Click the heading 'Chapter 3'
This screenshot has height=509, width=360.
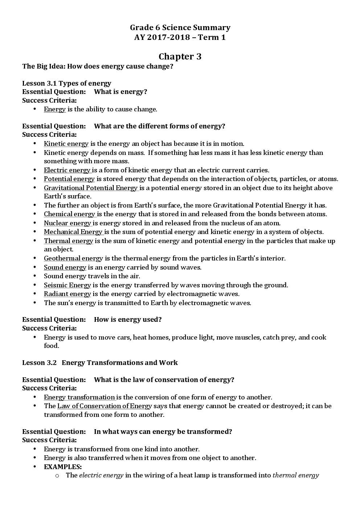click(180, 57)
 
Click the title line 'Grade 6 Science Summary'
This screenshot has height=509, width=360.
click(180, 28)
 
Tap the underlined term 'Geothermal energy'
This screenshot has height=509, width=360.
click(73, 258)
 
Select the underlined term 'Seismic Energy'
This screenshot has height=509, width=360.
click(67, 285)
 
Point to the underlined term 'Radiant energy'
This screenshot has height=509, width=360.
click(67, 294)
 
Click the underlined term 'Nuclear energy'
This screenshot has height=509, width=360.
click(67, 223)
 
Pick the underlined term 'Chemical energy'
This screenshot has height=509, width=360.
click(69, 214)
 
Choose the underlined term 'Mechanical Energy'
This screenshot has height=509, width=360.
click(73, 232)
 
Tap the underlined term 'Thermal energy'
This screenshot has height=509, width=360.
click(68, 241)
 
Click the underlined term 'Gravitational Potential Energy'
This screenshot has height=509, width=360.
click(91, 188)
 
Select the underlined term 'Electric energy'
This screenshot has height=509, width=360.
click(67, 170)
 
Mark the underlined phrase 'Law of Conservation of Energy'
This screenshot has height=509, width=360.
click(105, 406)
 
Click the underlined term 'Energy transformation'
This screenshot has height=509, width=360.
click(79, 397)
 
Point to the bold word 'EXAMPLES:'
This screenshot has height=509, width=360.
click(63, 467)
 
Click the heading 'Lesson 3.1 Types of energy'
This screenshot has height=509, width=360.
click(67, 83)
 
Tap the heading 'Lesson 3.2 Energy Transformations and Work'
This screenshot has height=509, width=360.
click(100, 363)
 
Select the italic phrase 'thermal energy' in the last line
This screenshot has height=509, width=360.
click(295, 475)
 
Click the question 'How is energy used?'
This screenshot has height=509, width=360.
click(128, 320)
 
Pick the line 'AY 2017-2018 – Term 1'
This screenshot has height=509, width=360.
click(180, 37)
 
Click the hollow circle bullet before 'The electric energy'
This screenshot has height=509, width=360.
click(57, 476)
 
